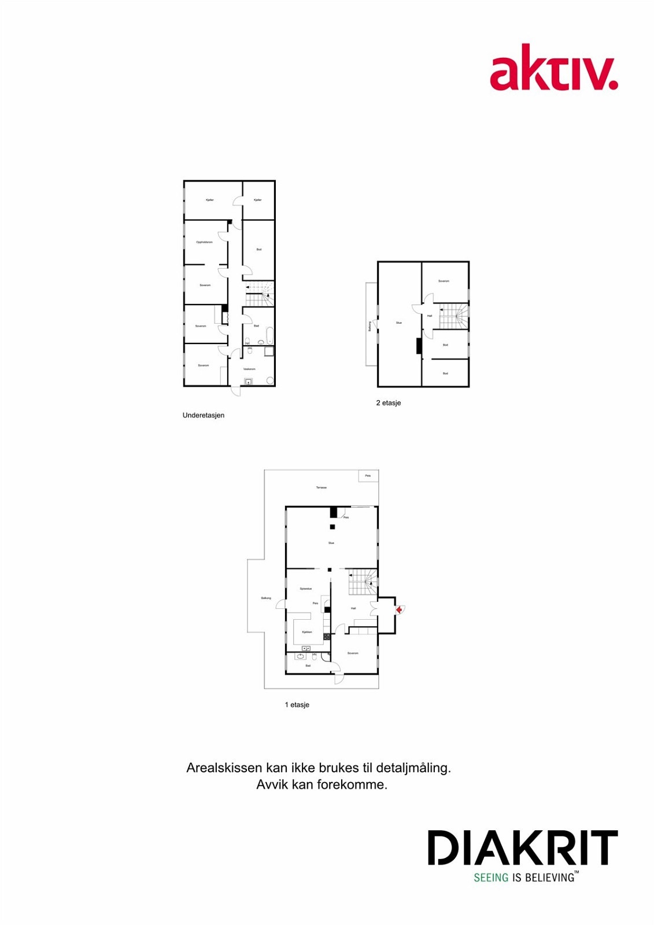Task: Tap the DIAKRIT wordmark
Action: [522, 848]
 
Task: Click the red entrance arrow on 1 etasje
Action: [399, 609]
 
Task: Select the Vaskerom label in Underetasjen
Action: [249, 369]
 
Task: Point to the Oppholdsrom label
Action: [204, 242]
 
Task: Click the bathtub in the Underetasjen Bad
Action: [269, 335]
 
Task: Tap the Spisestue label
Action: [306, 589]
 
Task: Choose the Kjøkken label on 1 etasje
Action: [307, 632]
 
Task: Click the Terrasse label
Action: [321, 487]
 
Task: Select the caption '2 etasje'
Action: [388, 403]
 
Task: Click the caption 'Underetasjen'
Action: [204, 415]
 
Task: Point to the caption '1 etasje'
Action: [297, 705]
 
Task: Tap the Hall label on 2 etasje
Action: [430, 316]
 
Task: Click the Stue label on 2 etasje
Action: [398, 323]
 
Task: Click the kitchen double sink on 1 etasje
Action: [306, 649]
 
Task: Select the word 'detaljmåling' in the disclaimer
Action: [413, 768]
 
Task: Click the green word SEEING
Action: [491, 878]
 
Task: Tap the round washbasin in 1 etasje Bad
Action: [301, 656]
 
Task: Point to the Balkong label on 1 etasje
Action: [266, 598]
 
